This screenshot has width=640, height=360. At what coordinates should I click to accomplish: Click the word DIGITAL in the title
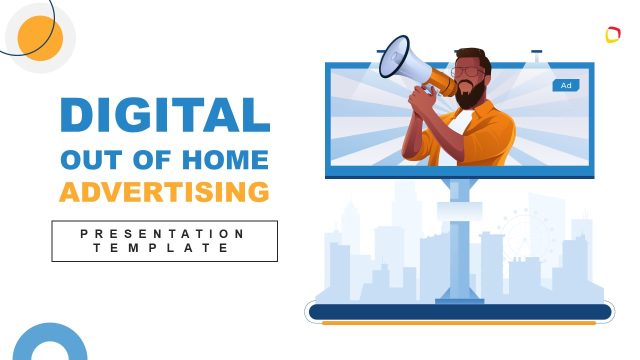point(164,114)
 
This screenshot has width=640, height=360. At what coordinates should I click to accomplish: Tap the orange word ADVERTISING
point(164,191)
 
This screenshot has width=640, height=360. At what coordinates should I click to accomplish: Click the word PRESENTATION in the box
point(164,233)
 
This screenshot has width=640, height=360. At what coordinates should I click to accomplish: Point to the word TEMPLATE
point(164,248)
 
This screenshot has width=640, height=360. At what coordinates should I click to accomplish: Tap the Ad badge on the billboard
point(566,86)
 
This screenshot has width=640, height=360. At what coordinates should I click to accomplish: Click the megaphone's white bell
point(394,58)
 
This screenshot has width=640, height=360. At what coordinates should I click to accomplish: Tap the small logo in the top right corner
point(613,35)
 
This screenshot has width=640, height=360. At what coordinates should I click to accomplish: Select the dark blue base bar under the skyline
point(460,312)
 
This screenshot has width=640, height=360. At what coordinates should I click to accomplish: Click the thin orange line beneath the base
point(460,323)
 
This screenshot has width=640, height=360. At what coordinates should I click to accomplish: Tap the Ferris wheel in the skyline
point(520,236)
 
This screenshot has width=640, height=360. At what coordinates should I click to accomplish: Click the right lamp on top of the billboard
point(537,51)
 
